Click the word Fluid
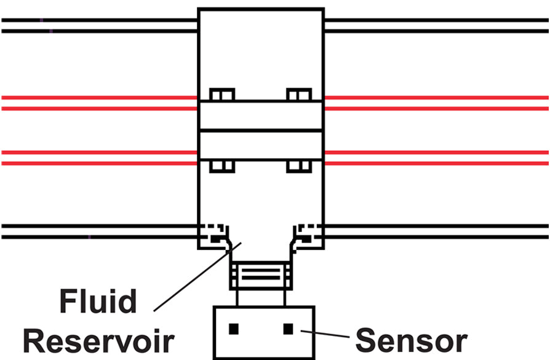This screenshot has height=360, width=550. coord(98,303)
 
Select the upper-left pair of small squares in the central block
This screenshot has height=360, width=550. coord(222,95)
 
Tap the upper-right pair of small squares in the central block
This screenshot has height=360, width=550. coord(299,95)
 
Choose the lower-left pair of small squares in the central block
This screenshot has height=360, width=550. coord(222,166)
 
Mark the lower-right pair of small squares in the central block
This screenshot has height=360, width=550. coord(299,166)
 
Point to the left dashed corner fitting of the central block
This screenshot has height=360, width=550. coord(215,234)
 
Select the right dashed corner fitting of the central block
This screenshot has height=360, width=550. coord(305,234)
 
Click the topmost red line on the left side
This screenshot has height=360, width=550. coord(98,97)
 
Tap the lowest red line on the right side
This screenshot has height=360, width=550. coord(437,164)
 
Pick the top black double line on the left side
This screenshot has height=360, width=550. coord(98,25)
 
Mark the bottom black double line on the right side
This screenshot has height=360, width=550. coord(437,231)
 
